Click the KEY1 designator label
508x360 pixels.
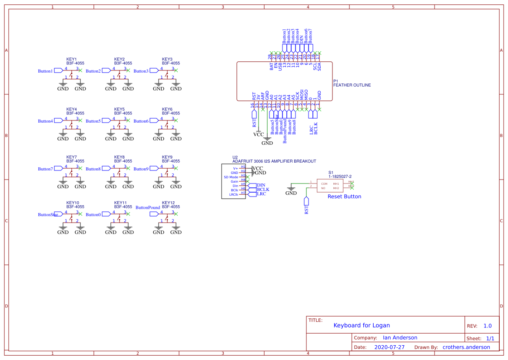pos(72,59)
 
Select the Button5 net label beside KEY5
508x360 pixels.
pos(93,121)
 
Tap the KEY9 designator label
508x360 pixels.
pos(167,157)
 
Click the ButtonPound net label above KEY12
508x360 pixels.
pos(148,207)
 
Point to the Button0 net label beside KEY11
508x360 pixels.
pos(93,214)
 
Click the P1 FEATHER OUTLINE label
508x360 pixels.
pos(352,83)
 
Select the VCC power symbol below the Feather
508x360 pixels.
pos(259,134)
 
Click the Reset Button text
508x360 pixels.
pos(344,197)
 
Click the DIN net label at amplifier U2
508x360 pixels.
pos(261,185)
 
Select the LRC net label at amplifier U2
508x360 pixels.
pos(261,194)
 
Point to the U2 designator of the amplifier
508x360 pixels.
pos(235,157)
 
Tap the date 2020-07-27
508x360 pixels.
pos(389,347)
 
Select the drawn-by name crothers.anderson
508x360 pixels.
pos(466,347)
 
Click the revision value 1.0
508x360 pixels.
pos(488,326)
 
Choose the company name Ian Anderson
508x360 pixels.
pos(400,338)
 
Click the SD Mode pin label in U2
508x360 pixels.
pos(231,177)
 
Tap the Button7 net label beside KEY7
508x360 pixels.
pos(45,169)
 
